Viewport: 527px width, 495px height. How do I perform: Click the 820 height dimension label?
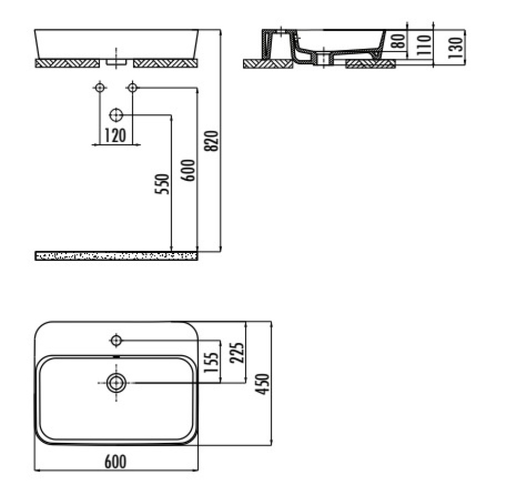coord(212,141)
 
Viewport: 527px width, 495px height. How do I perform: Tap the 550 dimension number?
coord(162,184)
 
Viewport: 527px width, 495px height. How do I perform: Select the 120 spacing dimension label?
coord(115,135)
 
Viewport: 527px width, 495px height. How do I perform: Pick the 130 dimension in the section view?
coord(455,47)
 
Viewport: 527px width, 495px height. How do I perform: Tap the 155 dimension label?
coord(211,362)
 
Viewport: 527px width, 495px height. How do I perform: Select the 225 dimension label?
coord(237,353)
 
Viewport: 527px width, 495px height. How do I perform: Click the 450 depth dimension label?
coord(262,384)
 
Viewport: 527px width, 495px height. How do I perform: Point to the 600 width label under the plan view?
coord(115,462)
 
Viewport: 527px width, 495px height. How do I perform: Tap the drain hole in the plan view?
coord(116,383)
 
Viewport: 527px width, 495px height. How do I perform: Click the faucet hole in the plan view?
coord(116,341)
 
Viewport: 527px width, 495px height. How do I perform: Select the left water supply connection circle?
coord(100,88)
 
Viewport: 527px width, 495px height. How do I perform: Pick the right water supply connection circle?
coord(132,88)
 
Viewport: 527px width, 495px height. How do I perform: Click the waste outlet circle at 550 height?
coord(116,115)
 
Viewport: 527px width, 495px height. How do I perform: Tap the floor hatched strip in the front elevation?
coord(116,256)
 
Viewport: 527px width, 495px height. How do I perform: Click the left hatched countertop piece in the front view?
coord(67,63)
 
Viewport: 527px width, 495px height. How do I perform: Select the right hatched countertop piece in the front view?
coord(165,63)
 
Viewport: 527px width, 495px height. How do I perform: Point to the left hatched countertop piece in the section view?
coord(268,64)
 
